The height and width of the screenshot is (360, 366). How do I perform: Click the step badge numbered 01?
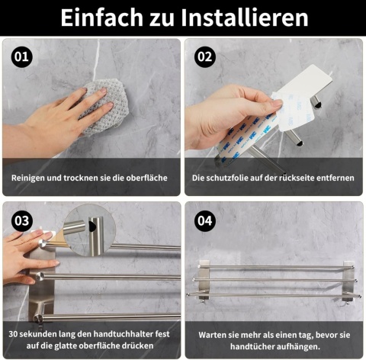point(22,56)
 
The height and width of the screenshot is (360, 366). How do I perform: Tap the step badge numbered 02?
point(205,56)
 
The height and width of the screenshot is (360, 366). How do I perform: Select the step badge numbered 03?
point(22,220)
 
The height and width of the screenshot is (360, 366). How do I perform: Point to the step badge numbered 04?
point(205,220)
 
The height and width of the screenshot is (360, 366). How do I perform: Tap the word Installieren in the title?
point(245,18)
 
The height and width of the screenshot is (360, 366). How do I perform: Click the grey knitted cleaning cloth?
point(104,107)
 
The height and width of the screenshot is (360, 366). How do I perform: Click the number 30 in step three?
point(13,334)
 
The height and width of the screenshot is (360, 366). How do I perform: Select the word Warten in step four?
point(212,335)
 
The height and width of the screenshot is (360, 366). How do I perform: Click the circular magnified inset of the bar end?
point(89,230)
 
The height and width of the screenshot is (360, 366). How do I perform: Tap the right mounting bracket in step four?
point(348,280)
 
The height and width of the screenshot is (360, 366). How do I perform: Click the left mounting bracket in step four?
point(204,279)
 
